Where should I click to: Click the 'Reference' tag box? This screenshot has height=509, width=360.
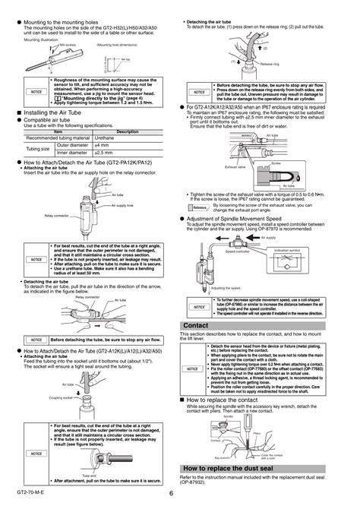click(x=200, y=207)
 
